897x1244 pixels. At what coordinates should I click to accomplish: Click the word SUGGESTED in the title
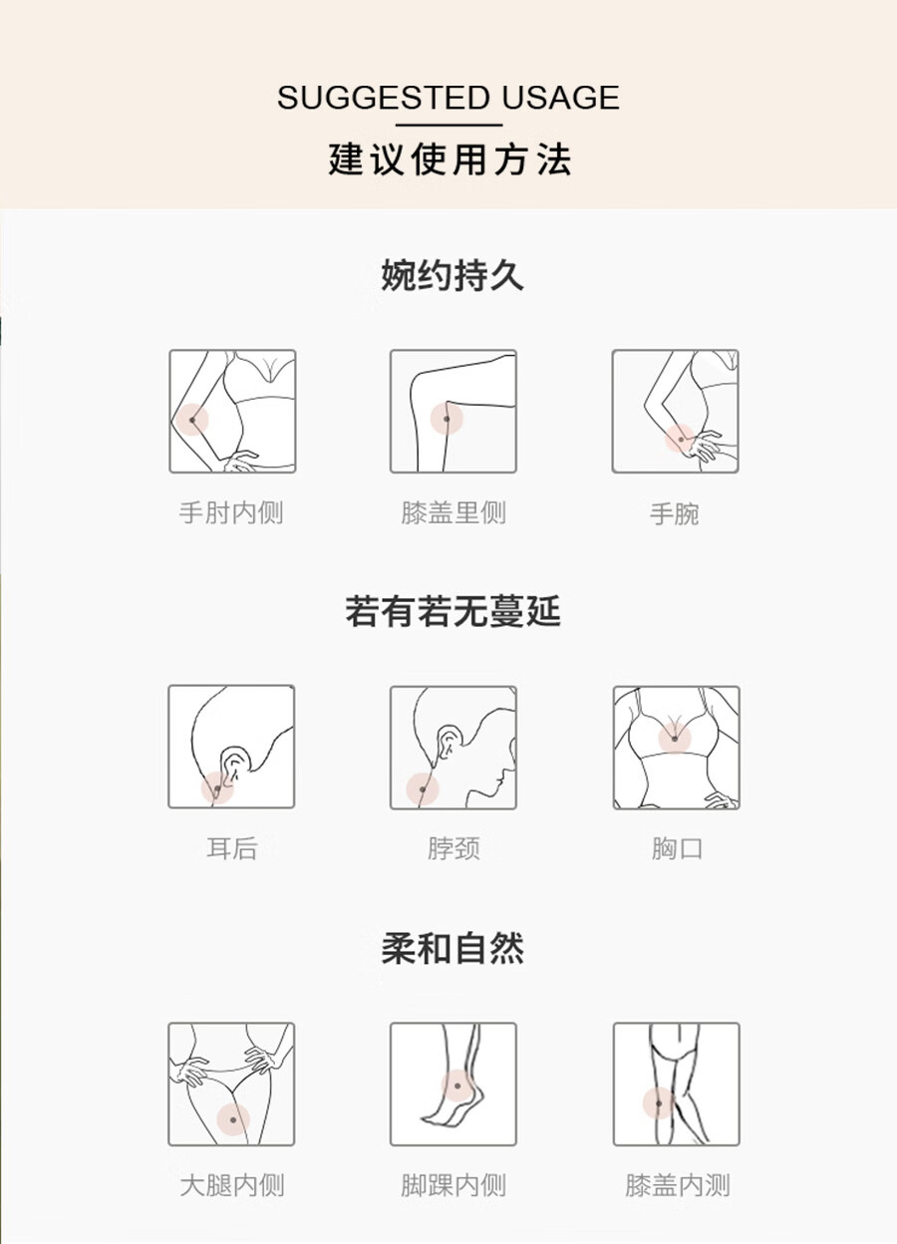tap(383, 98)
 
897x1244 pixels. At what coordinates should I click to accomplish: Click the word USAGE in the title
tap(560, 98)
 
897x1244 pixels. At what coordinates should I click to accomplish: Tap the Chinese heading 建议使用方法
tap(449, 159)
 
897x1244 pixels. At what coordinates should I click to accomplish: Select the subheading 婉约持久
tap(452, 275)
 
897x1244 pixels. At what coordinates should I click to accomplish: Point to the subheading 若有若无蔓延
tap(452, 611)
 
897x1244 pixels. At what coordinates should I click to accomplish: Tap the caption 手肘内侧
tap(231, 512)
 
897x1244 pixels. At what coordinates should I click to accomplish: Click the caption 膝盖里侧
tap(453, 512)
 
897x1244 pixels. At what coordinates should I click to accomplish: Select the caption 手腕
tap(675, 513)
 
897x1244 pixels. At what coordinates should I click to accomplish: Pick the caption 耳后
tap(231, 848)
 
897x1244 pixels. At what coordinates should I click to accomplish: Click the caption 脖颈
tap(453, 848)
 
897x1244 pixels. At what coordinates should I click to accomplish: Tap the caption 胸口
tap(677, 848)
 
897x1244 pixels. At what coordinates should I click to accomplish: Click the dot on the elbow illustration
tap(192, 420)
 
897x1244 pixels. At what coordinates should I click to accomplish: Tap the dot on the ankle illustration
tap(457, 1086)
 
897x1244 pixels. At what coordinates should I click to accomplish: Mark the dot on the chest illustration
tap(675, 739)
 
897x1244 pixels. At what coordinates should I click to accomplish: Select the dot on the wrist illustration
tap(681, 440)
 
